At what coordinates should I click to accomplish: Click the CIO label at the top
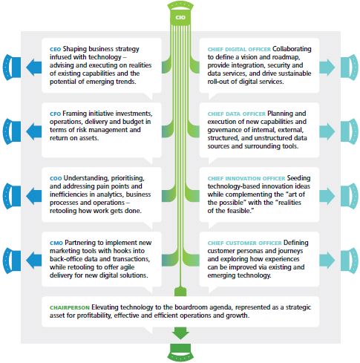point(180,18)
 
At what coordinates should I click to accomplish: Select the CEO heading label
point(55,50)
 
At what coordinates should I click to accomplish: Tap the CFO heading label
point(55,114)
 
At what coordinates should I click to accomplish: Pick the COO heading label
point(56,179)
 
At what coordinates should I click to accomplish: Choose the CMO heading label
point(56,243)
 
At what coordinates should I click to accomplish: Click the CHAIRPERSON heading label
point(70,308)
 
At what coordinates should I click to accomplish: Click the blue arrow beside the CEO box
point(34,67)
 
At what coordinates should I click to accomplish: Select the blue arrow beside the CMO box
point(34,261)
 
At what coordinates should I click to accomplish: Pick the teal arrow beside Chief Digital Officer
point(327,67)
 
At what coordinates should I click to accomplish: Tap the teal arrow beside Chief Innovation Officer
point(327,196)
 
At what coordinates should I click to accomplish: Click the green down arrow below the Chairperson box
point(180,333)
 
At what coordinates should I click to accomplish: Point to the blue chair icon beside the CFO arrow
point(12,131)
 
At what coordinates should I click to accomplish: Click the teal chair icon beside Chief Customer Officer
point(350,261)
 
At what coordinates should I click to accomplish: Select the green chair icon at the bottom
point(180,353)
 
